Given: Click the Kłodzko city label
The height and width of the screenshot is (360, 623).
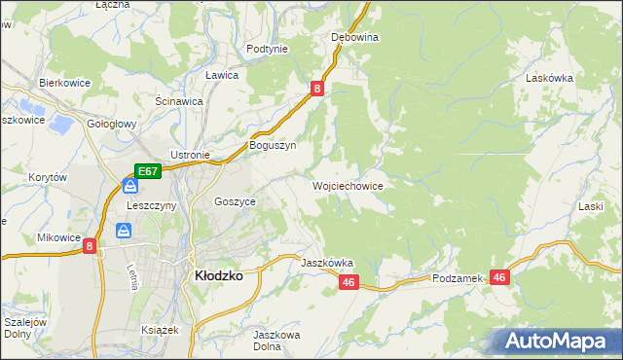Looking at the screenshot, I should [x=219, y=275].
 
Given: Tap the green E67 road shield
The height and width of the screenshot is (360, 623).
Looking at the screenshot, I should [x=147, y=171].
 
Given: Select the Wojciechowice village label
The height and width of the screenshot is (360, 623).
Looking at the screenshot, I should [x=347, y=185].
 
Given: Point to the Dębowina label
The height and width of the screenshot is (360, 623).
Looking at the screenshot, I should [x=354, y=37].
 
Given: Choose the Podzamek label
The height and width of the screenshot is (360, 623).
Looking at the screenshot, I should [x=458, y=278].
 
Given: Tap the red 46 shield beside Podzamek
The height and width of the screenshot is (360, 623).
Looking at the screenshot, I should [x=500, y=277].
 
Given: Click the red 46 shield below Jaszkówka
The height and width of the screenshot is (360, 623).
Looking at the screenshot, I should [x=350, y=282].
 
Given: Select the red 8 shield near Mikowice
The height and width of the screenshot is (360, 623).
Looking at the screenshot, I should [x=90, y=247].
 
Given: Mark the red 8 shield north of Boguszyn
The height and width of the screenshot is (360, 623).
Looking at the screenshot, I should [x=317, y=89].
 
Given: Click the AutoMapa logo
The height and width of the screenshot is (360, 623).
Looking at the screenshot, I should [x=555, y=342].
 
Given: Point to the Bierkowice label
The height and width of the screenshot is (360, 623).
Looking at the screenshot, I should [x=64, y=83].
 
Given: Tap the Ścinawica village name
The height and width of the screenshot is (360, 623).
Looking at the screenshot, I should [x=178, y=100].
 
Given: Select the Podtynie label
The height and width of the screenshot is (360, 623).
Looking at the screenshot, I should [x=267, y=49].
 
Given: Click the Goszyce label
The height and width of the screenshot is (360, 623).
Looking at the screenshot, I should [x=235, y=201].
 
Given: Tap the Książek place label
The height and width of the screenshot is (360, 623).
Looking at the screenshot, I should [x=161, y=330].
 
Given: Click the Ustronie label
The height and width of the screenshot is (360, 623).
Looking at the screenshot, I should [x=190, y=155].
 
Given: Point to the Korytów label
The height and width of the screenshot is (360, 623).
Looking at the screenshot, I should [x=47, y=178].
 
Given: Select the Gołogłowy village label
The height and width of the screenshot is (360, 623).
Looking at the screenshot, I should [x=112, y=125].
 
